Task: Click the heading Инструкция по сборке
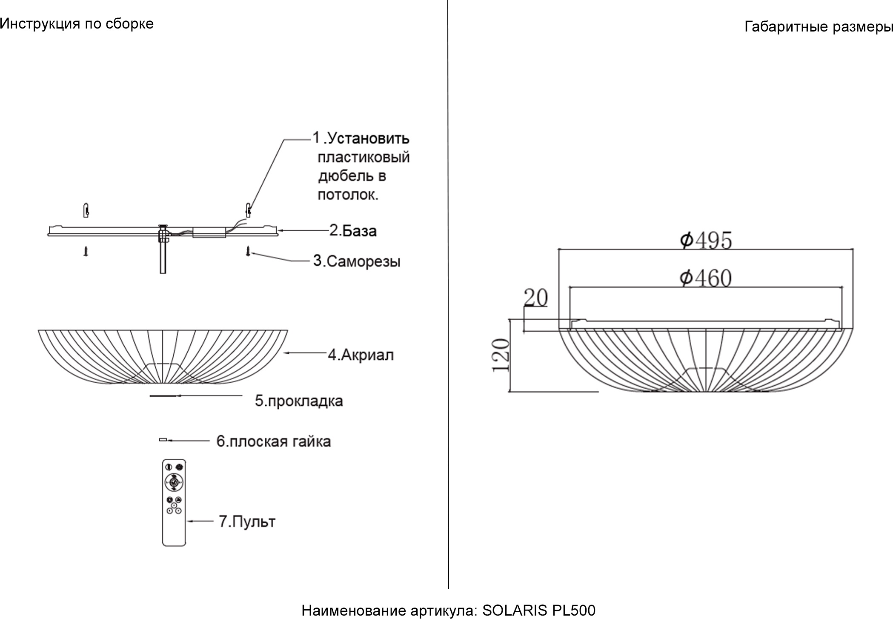pos(77,24)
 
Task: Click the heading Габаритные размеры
pos(818,27)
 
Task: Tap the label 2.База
pos(353,231)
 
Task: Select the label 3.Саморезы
pos(357,261)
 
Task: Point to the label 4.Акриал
pos(361,355)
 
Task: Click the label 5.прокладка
pos(299,401)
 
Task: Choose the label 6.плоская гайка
pos(273,441)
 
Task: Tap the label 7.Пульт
pos(247,522)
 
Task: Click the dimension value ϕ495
pos(706,240)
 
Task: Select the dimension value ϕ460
pos(705,278)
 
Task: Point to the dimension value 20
pos(535,298)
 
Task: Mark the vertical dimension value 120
pos(501,355)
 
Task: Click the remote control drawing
pos(174,502)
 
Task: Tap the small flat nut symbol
pos(163,439)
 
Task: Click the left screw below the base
pos(86,252)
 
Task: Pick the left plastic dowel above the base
pos(86,210)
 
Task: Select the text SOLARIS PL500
pos(538,610)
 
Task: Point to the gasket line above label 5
pos(163,396)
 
